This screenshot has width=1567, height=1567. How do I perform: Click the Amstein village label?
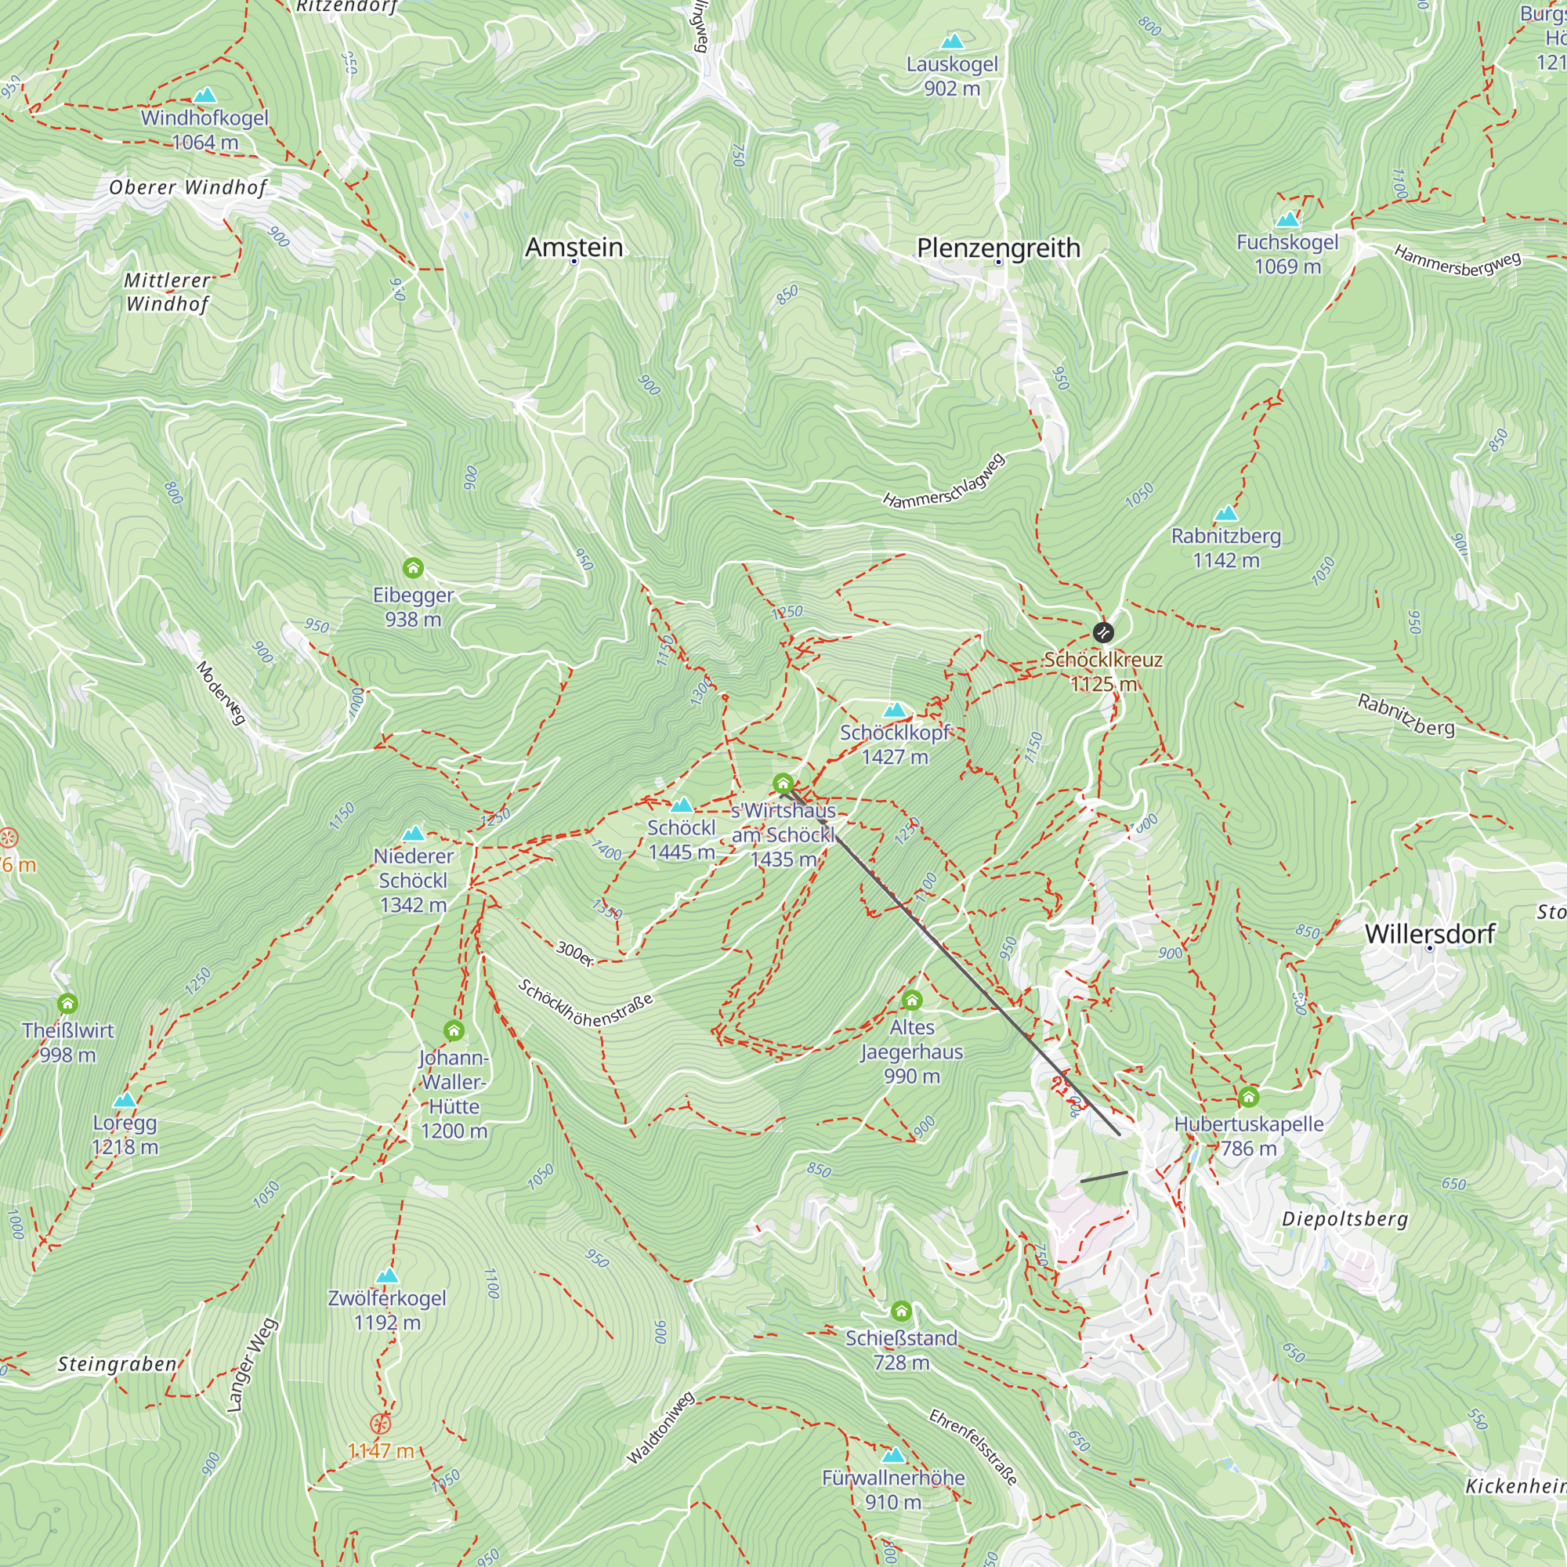click(x=574, y=247)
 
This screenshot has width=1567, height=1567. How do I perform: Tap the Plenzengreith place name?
click(x=998, y=248)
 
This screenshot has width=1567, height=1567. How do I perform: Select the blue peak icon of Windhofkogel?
click(x=205, y=96)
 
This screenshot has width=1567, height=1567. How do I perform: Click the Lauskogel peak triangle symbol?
click(x=952, y=42)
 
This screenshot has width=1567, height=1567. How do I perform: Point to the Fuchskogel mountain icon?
click(x=1287, y=220)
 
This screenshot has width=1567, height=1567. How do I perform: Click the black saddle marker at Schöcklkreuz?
click(x=1103, y=632)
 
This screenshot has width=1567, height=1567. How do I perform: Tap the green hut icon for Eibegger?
click(x=413, y=568)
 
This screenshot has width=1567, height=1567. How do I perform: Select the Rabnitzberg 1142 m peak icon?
click(x=1225, y=513)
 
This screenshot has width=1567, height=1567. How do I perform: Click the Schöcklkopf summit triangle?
click(x=894, y=711)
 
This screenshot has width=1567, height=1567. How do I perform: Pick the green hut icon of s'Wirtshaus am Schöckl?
click(x=783, y=783)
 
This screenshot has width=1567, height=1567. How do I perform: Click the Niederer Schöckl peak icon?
click(x=414, y=834)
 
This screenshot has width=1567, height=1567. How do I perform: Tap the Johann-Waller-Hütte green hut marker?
click(x=454, y=1031)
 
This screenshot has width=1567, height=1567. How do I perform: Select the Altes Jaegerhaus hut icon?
click(x=912, y=1000)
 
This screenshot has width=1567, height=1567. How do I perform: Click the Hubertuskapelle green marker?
click(x=1249, y=1098)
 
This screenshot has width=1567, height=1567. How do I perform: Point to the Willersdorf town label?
click(x=1430, y=934)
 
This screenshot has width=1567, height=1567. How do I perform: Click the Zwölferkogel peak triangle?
click(x=388, y=1276)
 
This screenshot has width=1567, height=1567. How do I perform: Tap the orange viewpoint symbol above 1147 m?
click(x=381, y=1424)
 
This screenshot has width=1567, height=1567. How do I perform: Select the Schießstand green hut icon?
click(x=901, y=1312)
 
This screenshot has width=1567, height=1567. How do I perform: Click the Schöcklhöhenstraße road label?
click(x=584, y=1004)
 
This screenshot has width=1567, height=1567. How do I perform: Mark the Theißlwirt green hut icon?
click(x=68, y=1004)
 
